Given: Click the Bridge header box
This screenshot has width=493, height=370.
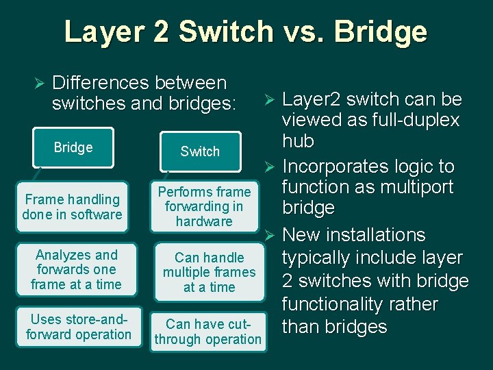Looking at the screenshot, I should (x=73, y=148).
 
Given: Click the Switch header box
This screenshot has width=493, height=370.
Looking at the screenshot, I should (x=200, y=151).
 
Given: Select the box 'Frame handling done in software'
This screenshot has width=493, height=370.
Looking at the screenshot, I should (x=72, y=207).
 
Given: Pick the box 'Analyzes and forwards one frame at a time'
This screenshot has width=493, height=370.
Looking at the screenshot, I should (x=76, y=269).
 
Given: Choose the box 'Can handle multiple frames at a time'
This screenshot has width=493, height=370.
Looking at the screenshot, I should (x=209, y=272).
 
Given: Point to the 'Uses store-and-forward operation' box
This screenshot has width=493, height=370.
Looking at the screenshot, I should (x=79, y=327).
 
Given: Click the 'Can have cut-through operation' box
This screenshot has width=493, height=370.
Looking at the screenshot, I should (x=208, y=332).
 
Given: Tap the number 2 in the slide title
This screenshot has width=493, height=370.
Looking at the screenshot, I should (x=164, y=32).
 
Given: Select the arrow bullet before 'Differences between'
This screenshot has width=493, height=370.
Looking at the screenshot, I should (x=38, y=84).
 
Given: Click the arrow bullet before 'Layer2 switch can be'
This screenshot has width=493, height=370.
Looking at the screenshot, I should (x=269, y=100).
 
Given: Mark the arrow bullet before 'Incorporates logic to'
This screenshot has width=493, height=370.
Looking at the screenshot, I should (x=269, y=167).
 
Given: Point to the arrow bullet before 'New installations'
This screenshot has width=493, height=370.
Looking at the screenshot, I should (x=269, y=236).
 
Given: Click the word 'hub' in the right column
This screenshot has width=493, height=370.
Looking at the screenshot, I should (x=298, y=142).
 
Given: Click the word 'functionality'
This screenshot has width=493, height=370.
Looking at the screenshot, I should (x=340, y=304).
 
